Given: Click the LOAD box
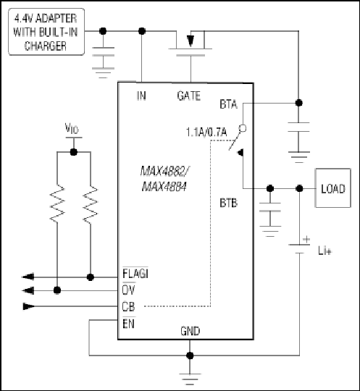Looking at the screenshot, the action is pos(332,188).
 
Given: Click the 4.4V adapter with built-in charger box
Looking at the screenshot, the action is pos(46,32).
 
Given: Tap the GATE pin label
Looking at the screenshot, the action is pos(189,96).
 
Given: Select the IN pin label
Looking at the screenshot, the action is pos(141,96).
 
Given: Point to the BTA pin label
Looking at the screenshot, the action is pos(228,104).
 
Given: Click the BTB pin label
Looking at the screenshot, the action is pos(228,203).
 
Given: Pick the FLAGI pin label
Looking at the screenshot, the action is pos(135,274).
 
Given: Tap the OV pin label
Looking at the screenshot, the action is pos(129,290).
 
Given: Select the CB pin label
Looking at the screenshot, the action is pos(128,306).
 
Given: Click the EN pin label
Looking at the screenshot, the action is pos(129,324).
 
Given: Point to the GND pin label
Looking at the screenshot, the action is pos(190,331).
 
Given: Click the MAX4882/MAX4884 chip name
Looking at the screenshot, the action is pos(164,179).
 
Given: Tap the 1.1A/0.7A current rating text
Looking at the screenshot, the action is pos(206,133).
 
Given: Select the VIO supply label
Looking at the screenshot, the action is pos(72,128).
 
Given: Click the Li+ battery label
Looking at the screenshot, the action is pos(325,251).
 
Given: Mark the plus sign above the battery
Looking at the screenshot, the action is pos(306,240).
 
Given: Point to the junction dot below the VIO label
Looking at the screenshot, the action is pos(74,152).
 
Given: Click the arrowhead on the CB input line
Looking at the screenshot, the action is pos(28,306).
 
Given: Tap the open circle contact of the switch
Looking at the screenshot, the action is pos(243,128).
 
